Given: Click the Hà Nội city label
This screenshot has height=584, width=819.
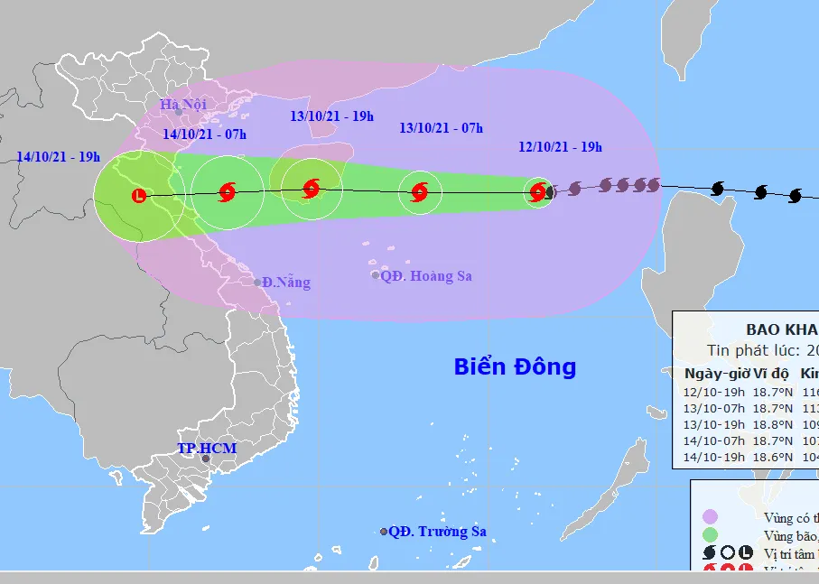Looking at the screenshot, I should [182, 104].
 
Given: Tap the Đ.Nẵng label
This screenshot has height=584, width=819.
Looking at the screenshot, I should [287, 283].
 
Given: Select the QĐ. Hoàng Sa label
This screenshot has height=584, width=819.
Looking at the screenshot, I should [426, 276].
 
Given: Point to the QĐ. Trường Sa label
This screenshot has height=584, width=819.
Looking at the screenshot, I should [438, 532].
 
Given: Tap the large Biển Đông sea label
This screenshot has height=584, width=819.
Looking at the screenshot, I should [515, 367].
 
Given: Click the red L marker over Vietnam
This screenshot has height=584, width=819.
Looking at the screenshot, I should [138, 195].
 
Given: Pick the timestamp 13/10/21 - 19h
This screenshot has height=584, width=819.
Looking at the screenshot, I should [331, 116].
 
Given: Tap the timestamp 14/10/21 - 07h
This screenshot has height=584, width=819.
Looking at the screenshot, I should [204, 134].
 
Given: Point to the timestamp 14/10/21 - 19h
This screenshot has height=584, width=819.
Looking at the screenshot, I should [58, 156].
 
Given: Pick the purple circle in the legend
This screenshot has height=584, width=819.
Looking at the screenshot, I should [710, 517].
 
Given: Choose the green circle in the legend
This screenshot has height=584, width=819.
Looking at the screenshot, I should [710, 535].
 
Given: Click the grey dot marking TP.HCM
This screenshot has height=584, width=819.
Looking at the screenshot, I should [205, 459].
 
